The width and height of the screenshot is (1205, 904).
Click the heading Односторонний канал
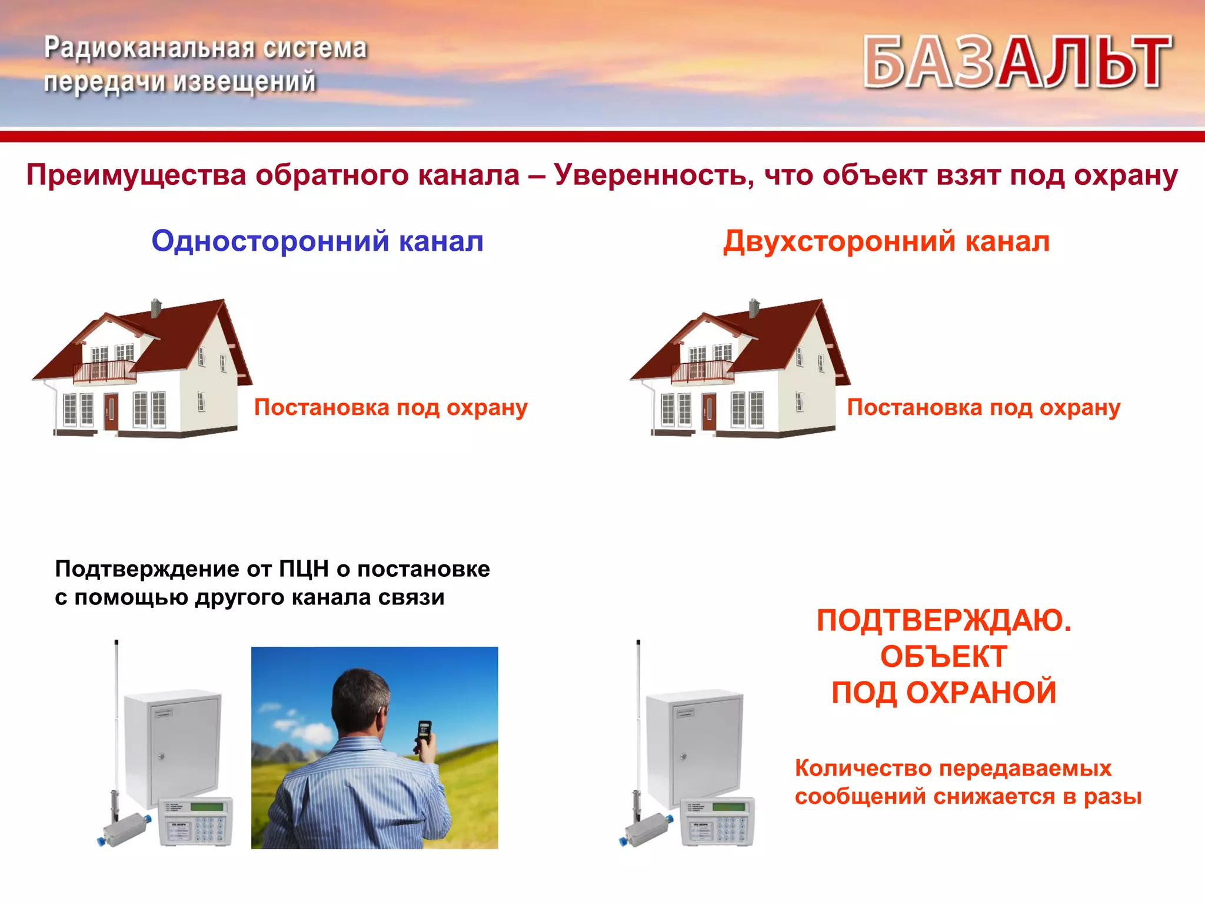(x=317, y=241)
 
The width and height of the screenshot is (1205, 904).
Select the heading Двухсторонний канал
(x=886, y=241)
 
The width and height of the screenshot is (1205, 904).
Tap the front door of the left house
(x=111, y=411)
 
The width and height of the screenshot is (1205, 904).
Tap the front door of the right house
(x=709, y=411)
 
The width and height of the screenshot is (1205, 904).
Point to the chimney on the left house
(x=156, y=308)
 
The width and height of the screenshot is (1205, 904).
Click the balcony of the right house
(x=703, y=371)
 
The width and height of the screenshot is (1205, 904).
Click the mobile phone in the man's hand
(x=424, y=733)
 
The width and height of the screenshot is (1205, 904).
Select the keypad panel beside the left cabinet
(x=196, y=822)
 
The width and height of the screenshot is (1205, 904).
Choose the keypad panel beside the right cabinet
(x=718, y=822)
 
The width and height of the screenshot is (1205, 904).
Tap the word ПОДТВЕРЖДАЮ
(x=944, y=621)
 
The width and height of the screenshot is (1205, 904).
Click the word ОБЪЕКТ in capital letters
(x=943, y=657)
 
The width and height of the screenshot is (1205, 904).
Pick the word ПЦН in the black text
(x=304, y=569)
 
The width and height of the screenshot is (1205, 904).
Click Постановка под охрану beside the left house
(x=391, y=407)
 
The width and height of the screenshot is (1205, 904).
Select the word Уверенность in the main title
(x=653, y=175)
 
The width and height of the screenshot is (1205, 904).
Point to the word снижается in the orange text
(x=994, y=796)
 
